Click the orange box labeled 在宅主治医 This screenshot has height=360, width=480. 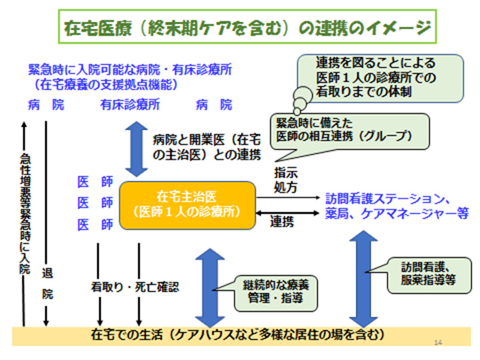pyautogui.click(x=187, y=203)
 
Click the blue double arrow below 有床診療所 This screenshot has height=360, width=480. pyautogui.click(x=136, y=148)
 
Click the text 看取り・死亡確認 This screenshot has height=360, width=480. pyautogui.click(x=134, y=287)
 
